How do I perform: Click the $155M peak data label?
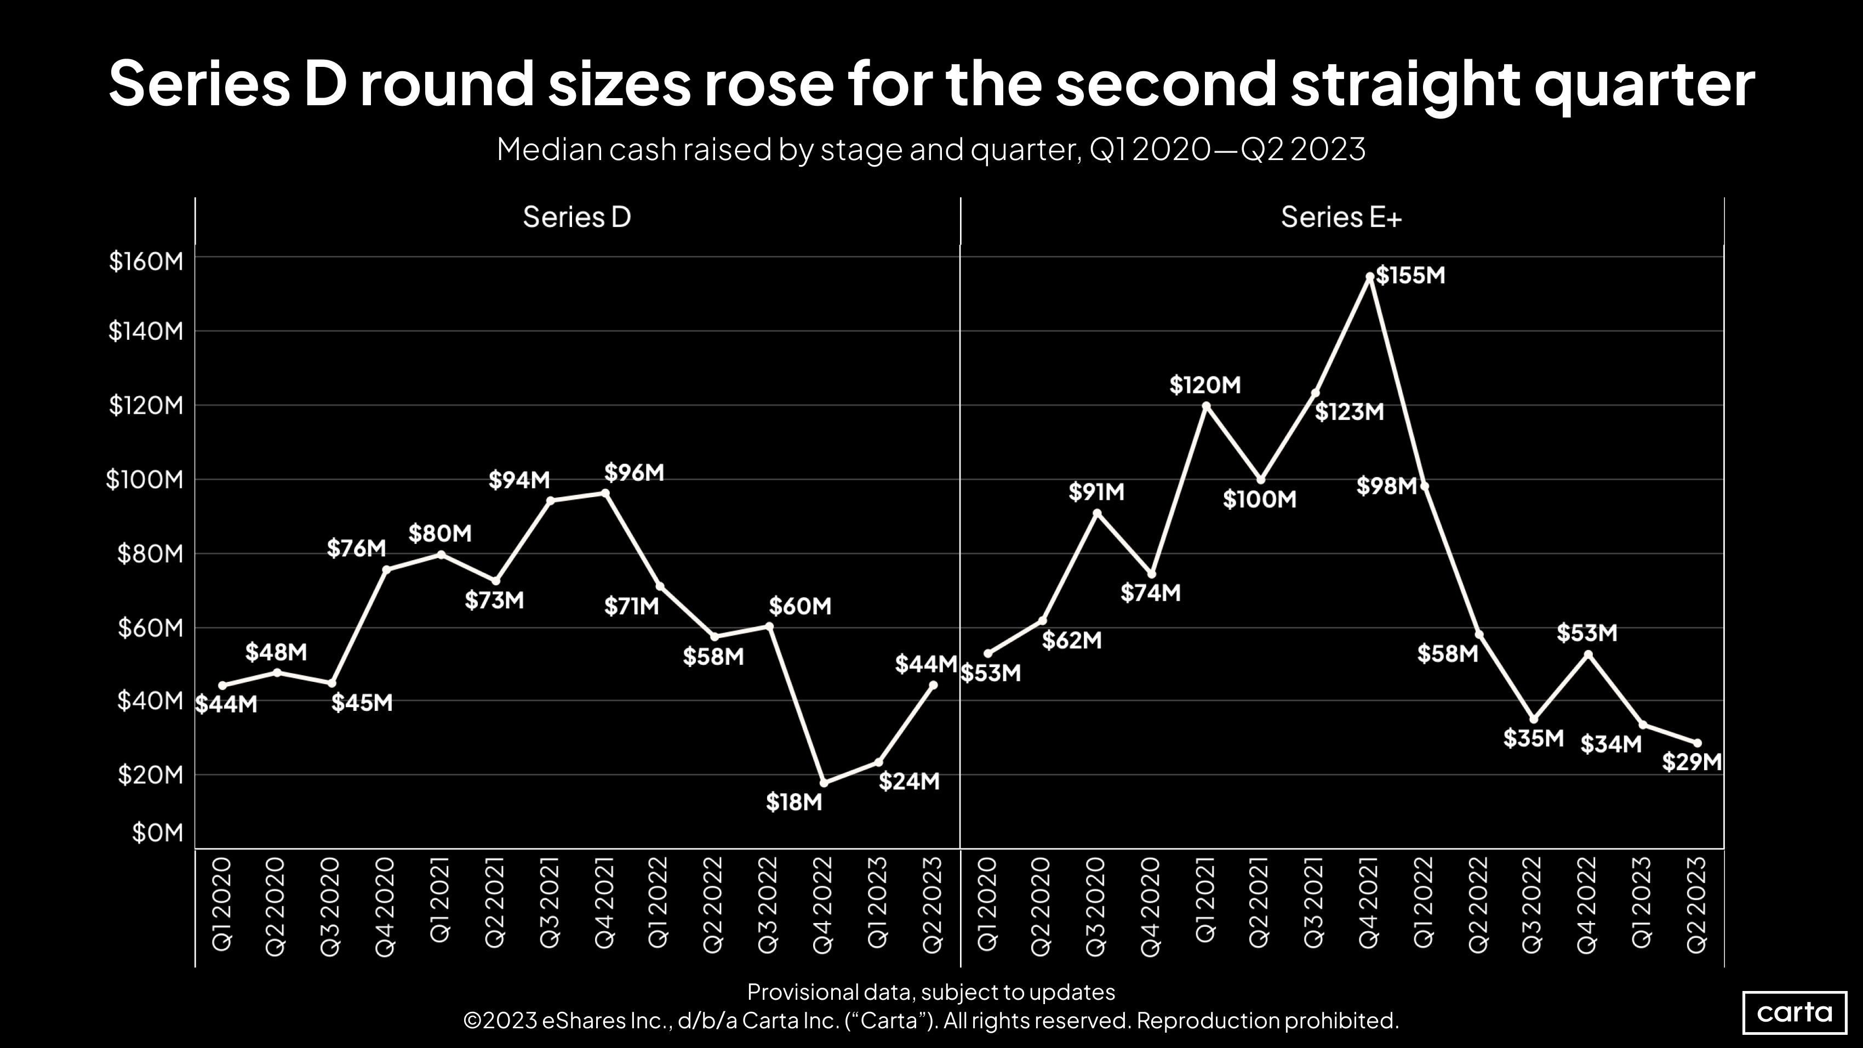click(x=1410, y=276)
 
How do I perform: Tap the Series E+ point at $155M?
click(x=1370, y=276)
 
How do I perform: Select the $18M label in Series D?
click(x=794, y=802)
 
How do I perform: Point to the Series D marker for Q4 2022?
click(x=824, y=783)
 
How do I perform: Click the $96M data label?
click(x=635, y=473)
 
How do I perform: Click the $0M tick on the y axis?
click(x=158, y=833)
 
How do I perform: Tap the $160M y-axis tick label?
click(x=146, y=261)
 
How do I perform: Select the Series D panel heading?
click(x=576, y=217)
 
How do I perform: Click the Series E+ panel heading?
click(x=1341, y=217)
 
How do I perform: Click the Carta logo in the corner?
click(x=1795, y=1012)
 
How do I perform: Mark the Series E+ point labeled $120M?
click(x=1205, y=406)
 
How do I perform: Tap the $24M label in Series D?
click(x=909, y=781)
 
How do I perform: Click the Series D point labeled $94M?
click(x=550, y=500)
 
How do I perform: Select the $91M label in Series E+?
click(x=1096, y=493)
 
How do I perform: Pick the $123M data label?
click(x=1349, y=412)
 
